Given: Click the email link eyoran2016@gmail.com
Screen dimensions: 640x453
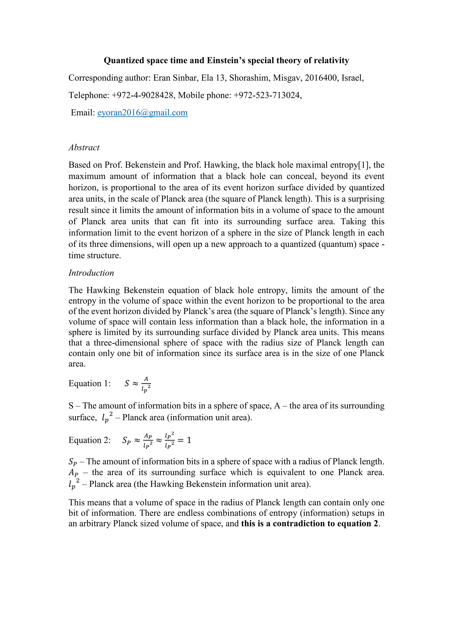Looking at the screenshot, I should (x=142, y=113).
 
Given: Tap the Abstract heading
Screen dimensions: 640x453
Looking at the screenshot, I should (x=84, y=147).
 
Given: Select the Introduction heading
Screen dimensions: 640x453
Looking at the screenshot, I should (x=91, y=273).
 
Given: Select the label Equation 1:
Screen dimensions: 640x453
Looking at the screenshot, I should (x=90, y=384).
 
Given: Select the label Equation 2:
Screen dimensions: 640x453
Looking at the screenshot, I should (x=90, y=440).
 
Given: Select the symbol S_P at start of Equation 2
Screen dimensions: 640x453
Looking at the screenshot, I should (x=126, y=440).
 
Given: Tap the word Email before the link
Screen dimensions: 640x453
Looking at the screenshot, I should (x=83, y=113).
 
